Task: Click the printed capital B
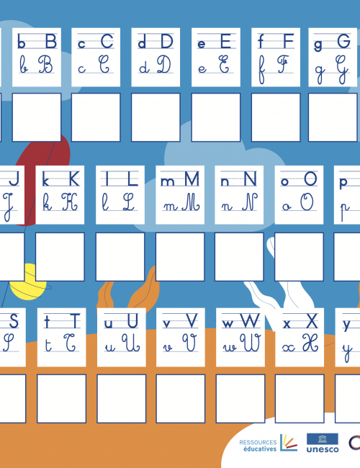pos(51,41)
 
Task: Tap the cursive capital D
pos(164,64)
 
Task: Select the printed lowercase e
pos(202,44)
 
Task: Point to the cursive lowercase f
pos(261,69)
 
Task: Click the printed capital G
pos(343,41)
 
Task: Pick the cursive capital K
pos(70,202)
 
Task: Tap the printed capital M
pos(192,179)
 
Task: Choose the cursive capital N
pos(250,202)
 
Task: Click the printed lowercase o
pos(285,181)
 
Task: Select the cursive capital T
pos(71,343)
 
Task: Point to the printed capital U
pos(132,321)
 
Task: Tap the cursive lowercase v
pos(168,348)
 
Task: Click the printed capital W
pos(250,321)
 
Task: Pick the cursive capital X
pos(310,343)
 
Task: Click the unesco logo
pos(323,443)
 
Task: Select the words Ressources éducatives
pos(258,445)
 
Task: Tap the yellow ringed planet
pos(28,282)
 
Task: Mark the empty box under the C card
pos(96,117)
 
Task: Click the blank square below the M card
pos(180,257)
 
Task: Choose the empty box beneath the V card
pos(181,399)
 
